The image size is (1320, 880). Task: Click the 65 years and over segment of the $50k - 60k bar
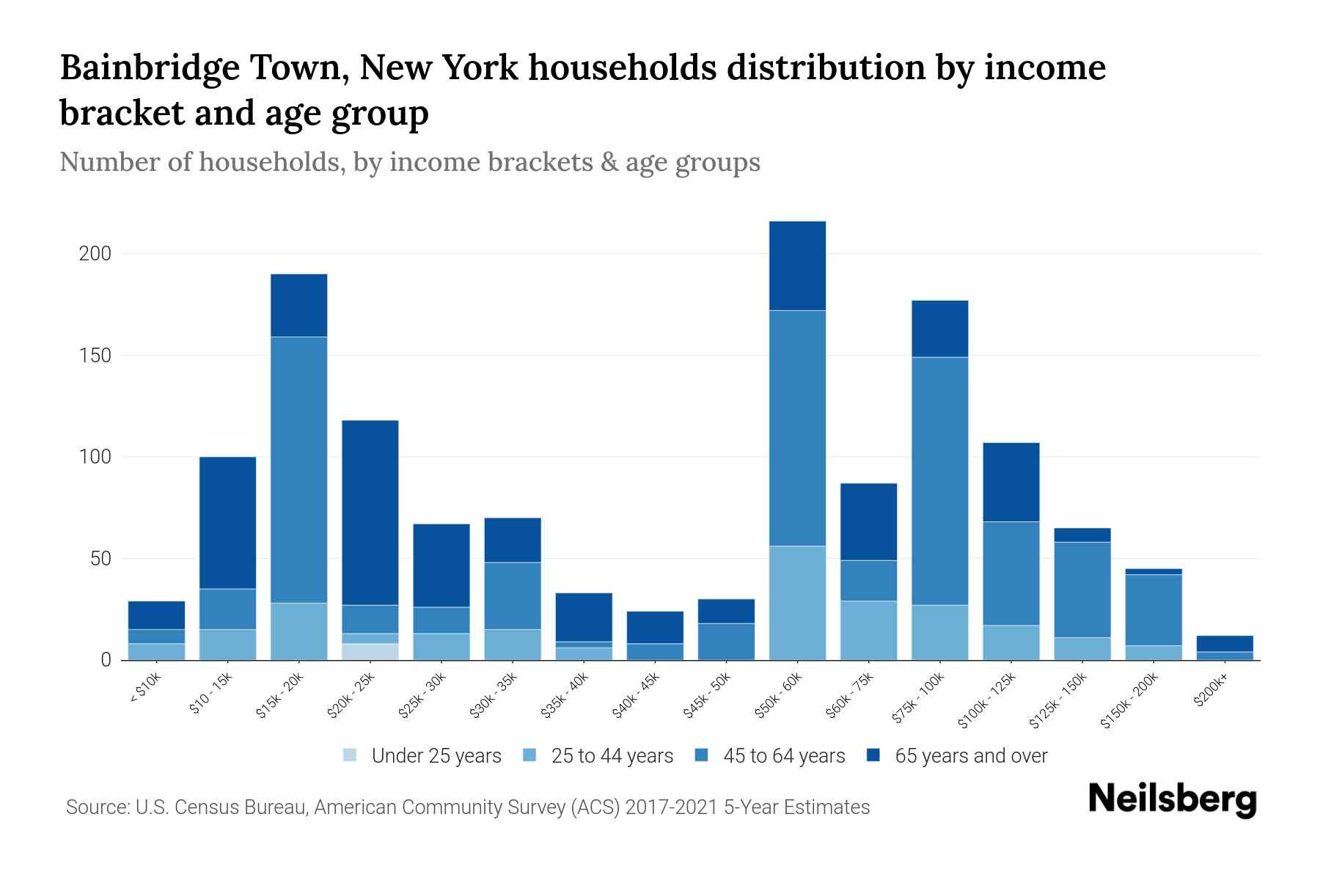tap(797, 265)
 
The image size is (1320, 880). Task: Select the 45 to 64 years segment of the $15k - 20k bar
tap(298, 469)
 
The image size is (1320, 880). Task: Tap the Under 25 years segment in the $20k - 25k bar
tap(370, 651)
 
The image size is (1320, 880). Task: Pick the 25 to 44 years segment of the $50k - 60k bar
tap(797, 603)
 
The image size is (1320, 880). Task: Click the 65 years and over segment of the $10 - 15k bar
tap(227, 522)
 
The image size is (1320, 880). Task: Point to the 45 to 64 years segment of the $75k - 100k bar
tap(939, 480)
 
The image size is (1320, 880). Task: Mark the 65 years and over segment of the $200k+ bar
tap(1225, 643)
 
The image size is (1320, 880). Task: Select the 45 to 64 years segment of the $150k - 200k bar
tap(1154, 609)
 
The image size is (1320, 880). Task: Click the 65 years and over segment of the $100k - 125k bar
tap(1011, 482)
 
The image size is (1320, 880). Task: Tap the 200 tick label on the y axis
tap(95, 254)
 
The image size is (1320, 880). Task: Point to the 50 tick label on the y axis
tap(100, 559)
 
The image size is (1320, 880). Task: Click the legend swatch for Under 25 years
tap(351, 755)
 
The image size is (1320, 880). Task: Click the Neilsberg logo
tap(1172, 799)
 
